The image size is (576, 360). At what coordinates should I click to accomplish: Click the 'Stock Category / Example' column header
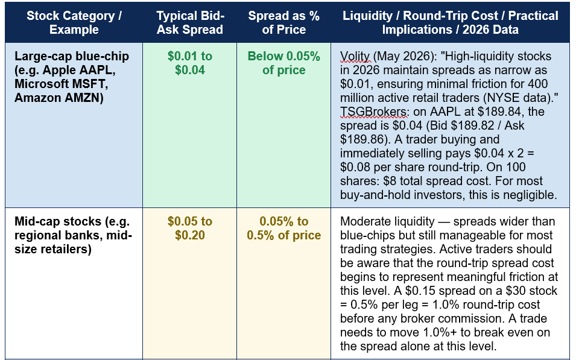(74, 22)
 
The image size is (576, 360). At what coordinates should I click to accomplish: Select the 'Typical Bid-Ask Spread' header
(190, 22)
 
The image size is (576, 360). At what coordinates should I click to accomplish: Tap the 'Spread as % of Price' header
(283, 22)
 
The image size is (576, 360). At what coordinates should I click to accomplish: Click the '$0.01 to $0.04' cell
(190, 63)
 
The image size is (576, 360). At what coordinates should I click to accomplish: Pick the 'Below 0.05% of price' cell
(283, 63)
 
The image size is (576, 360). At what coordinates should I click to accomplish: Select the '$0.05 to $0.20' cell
(190, 228)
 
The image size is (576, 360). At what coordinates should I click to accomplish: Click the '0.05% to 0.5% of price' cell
(283, 228)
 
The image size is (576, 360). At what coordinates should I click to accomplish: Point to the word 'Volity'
(355, 56)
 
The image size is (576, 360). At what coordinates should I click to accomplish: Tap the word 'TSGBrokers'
(373, 112)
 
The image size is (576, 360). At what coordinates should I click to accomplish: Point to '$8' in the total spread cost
(390, 181)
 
